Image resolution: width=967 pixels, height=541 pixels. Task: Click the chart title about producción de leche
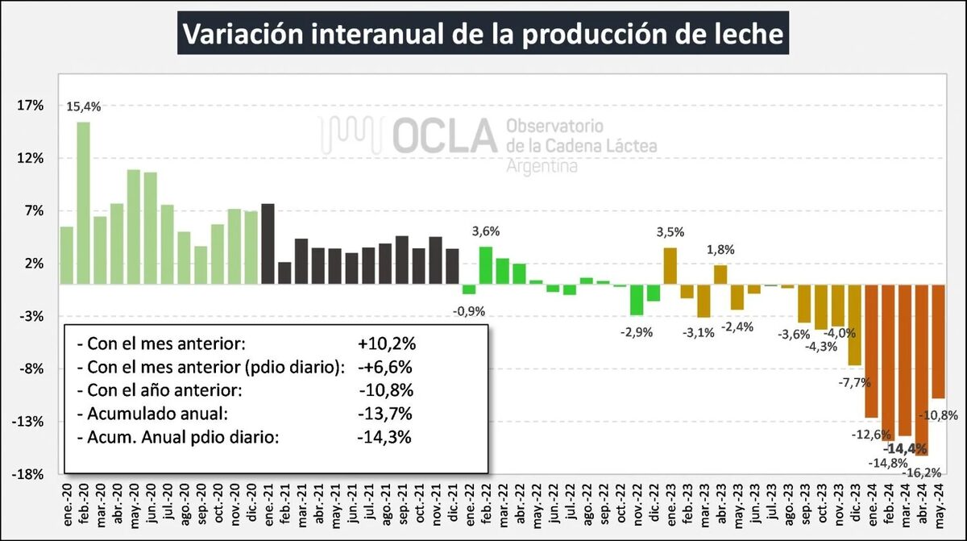click(483, 34)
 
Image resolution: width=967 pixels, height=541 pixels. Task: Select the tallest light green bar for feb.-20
click(83, 202)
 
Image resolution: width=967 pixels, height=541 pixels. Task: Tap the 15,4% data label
click(83, 106)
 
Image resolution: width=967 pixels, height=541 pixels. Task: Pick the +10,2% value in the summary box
click(388, 344)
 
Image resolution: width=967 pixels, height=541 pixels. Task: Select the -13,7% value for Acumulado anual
click(386, 414)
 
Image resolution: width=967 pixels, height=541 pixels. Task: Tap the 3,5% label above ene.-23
click(670, 232)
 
